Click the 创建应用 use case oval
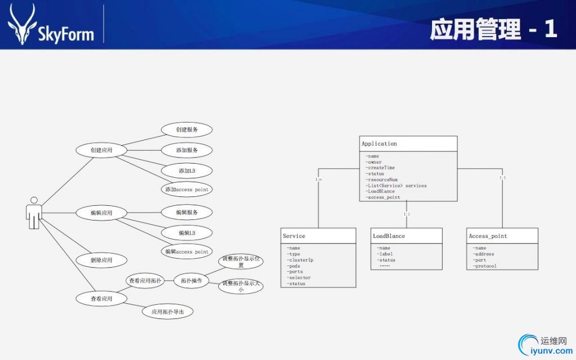[x=101, y=150]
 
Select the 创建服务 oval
[x=187, y=129]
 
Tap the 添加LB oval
[x=187, y=170]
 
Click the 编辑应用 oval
[x=101, y=213]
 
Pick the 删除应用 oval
[x=101, y=260]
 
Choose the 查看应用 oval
[x=101, y=299]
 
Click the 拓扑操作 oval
[x=191, y=280]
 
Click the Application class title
[x=379, y=144]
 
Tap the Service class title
[x=294, y=236]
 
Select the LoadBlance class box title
[x=389, y=236]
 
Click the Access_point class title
[x=488, y=236]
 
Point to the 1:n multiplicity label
[x=318, y=179]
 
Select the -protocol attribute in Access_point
[x=485, y=266]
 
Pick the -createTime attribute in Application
[x=380, y=168]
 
